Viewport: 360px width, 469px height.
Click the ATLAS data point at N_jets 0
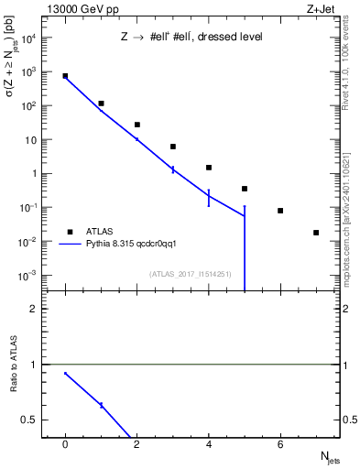(x=65, y=76)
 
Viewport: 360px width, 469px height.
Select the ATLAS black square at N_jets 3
(x=173, y=147)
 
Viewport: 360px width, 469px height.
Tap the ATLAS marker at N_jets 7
(x=316, y=233)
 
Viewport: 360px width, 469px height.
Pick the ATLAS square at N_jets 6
(x=280, y=211)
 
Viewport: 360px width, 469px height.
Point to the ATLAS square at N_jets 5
(x=245, y=189)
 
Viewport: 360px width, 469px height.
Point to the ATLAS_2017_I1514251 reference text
(x=190, y=273)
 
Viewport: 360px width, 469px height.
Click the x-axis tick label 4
(x=209, y=444)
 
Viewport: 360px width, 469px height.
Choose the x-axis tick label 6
(x=280, y=444)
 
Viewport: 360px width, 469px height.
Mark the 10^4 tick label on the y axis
(x=29, y=38)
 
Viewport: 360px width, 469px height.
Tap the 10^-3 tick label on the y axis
(x=29, y=276)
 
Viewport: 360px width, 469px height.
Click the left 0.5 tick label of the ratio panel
(x=30, y=420)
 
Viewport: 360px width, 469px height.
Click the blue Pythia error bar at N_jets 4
(x=209, y=198)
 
